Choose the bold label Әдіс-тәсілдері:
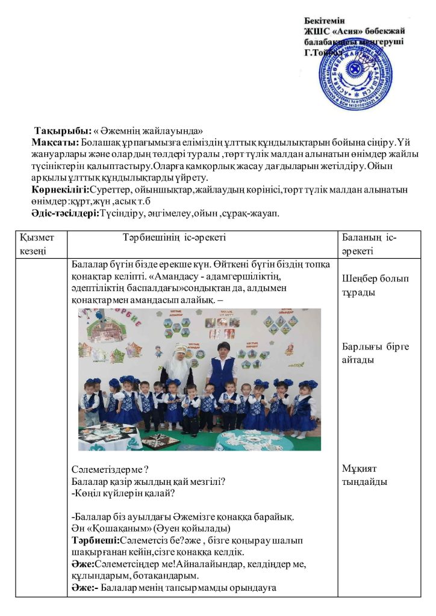pyautogui.click(x=65, y=213)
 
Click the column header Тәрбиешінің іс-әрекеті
pyautogui.click(x=174, y=238)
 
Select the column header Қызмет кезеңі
pyautogui.click(x=37, y=244)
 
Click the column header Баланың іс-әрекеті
pyautogui.click(x=369, y=244)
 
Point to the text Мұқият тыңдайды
pyautogui.click(x=364, y=475)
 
